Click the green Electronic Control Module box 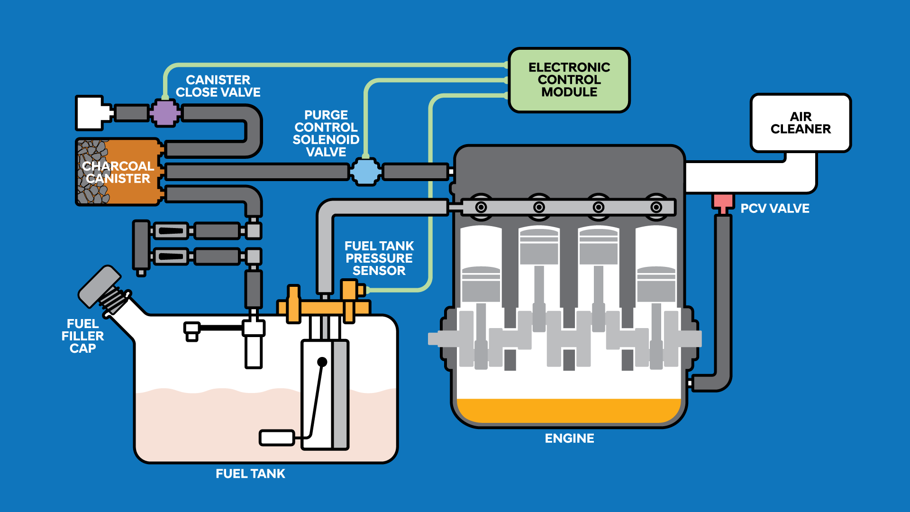tap(569, 80)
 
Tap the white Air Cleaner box tap(801, 123)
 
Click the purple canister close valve tap(165, 113)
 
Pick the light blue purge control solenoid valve tap(365, 172)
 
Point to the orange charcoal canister tap(118, 172)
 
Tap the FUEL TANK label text tap(250, 474)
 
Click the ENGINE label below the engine tap(569, 439)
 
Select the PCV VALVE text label tap(775, 209)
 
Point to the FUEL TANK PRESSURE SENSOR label tap(379, 258)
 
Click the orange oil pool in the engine tap(569, 411)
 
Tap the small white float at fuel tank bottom tap(277, 438)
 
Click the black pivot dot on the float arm tap(322, 362)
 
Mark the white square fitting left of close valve tap(90, 113)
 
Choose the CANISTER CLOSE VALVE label tap(218, 86)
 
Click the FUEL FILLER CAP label tap(82, 336)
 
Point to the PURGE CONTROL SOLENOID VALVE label tap(326, 134)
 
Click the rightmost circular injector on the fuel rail tap(656, 207)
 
